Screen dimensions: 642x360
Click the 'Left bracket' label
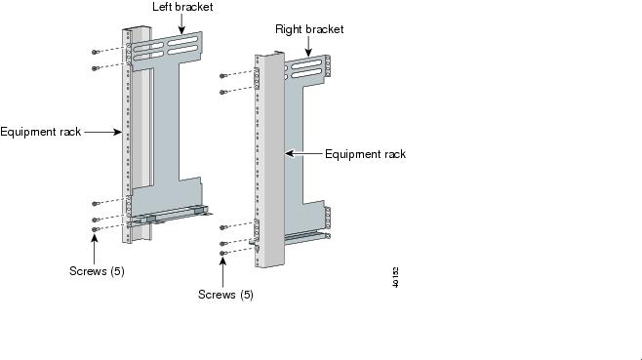(182, 7)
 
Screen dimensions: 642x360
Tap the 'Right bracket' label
(309, 29)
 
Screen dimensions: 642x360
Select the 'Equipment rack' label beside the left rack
(41, 132)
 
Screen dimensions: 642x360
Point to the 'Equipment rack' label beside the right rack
(365, 154)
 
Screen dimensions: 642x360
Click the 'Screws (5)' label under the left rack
(97, 271)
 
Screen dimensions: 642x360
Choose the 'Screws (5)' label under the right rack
(225, 295)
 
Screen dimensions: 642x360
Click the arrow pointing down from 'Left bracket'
(181, 24)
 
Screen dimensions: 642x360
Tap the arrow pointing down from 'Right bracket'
(308, 47)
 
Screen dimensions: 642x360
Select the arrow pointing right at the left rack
(103, 132)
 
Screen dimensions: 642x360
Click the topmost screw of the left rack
(95, 52)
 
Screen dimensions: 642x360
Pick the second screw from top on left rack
(95, 68)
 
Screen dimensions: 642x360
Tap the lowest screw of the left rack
(95, 229)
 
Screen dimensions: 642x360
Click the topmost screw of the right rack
(222, 76)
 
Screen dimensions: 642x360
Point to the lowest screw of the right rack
(222, 253)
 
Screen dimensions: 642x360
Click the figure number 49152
(395, 277)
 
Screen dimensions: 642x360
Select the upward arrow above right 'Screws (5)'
(223, 272)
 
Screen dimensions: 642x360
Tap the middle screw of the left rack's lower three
(95, 220)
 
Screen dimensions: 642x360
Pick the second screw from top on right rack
(222, 92)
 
